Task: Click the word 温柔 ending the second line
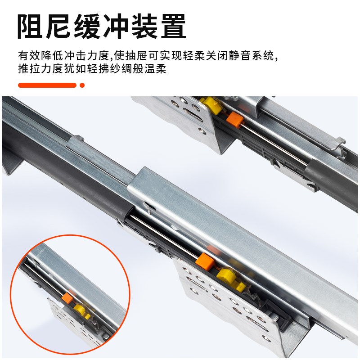158,70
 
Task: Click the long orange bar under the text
47,85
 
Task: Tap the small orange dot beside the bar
82,85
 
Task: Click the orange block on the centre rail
205,261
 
